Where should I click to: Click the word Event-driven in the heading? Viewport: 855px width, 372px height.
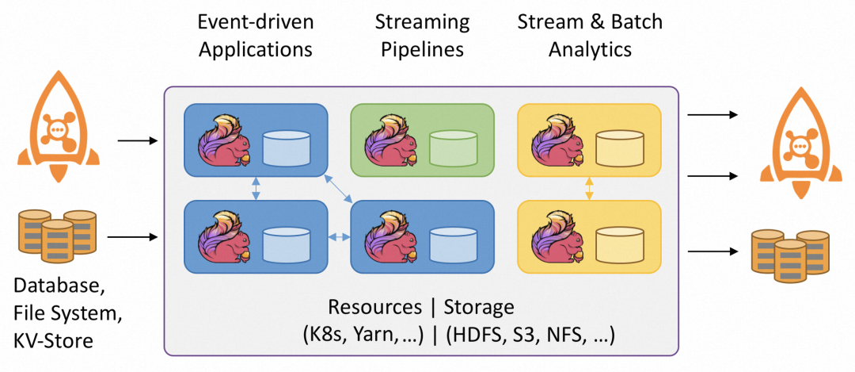256,21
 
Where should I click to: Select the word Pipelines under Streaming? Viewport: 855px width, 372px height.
422,49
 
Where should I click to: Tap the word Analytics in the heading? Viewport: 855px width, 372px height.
590,49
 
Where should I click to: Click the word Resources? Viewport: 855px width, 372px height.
375,307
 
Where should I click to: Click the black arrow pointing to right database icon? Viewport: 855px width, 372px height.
709,251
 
